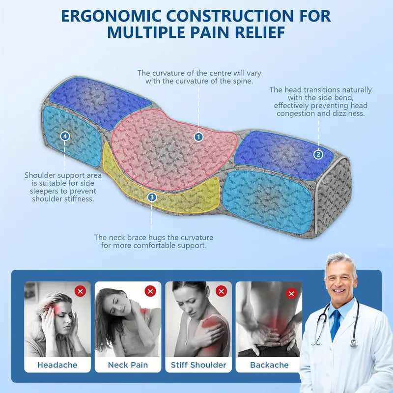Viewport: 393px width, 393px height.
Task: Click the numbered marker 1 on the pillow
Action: pos(199,137)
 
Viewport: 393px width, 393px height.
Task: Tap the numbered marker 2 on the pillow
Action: pos(318,154)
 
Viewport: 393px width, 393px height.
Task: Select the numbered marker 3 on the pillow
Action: pos(152,197)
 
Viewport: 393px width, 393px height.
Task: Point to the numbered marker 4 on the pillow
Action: pos(65,136)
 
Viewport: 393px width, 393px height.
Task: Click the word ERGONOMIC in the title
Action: pos(112,16)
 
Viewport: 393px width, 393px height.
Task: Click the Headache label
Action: pos(57,365)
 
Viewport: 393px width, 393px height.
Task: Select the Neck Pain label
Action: pos(128,365)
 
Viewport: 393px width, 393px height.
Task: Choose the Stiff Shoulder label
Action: pos(198,365)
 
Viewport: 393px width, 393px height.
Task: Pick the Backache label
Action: pos(269,365)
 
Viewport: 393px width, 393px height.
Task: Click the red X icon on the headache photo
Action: pos(80,291)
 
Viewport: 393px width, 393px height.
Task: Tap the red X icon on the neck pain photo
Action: pos(150,291)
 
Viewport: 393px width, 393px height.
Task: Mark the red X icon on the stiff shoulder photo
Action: pos(222,291)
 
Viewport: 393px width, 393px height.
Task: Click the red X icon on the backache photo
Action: pos(291,293)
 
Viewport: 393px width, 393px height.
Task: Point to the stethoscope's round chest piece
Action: pos(354,342)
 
